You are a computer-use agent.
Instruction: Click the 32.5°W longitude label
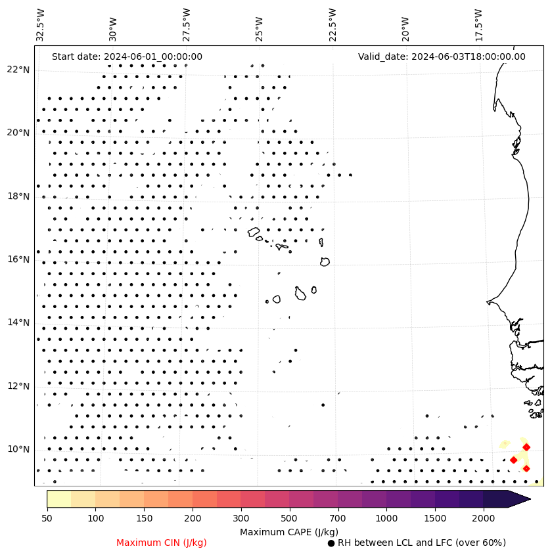coord(41,25)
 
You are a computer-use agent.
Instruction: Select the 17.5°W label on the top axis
coord(479,25)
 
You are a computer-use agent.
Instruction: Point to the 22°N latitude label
coord(18,70)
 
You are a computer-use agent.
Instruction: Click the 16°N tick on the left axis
coord(18,259)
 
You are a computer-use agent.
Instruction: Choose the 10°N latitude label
coord(18,449)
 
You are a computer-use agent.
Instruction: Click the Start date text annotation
coord(127,56)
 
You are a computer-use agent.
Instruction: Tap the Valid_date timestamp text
coord(442,56)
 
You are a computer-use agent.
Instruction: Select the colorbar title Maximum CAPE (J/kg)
coord(288,531)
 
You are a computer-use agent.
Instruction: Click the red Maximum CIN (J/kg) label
coord(162,543)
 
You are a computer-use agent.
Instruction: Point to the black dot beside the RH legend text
coord(331,543)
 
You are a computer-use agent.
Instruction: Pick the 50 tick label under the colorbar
coord(47,519)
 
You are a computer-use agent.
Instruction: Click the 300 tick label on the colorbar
coord(241,519)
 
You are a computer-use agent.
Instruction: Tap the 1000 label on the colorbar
coord(386,519)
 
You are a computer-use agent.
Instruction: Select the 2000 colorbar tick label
coord(483,519)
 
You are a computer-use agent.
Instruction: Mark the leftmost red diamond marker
coord(513,460)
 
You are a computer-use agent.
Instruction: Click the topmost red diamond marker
coord(526,447)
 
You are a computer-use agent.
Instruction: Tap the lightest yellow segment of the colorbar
coord(58,499)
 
